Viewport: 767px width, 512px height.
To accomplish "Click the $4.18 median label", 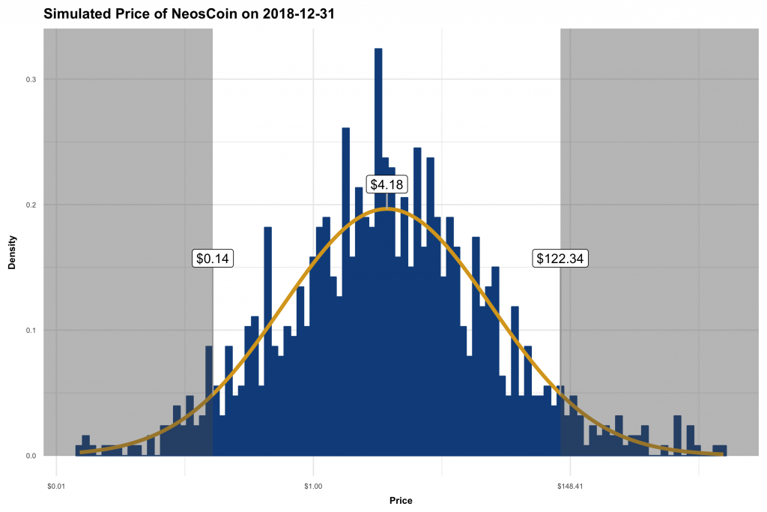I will tap(387, 184).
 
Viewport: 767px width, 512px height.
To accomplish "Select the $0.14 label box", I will tap(213, 259).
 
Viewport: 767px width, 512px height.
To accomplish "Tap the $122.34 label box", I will tap(560, 259).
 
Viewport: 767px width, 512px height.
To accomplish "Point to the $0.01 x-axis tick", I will tap(57, 466).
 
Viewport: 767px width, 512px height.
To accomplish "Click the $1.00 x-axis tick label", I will tap(313, 466).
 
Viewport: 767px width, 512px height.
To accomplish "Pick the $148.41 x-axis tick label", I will tap(570, 466).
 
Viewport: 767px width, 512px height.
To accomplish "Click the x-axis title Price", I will tap(401, 500).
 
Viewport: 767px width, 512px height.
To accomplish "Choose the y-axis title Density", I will tap(12, 253).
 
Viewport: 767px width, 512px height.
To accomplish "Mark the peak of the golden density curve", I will tap(387, 209).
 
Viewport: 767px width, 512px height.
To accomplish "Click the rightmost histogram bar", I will tap(720, 451).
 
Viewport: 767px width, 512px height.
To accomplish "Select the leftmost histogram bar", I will tap(79, 451).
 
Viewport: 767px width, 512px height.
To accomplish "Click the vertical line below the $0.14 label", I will tap(213, 337).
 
